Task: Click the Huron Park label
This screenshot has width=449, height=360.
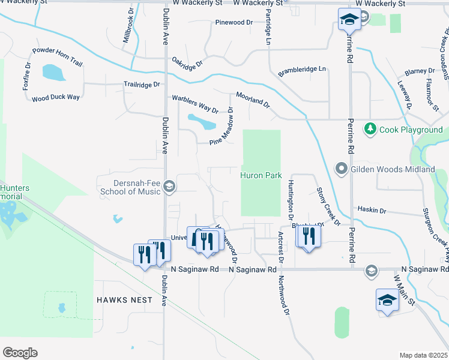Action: pyautogui.click(x=261, y=176)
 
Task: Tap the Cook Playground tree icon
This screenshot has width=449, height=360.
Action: pyautogui.click(x=370, y=129)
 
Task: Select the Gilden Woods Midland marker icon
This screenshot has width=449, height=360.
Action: pyautogui.click(x=342, y=169)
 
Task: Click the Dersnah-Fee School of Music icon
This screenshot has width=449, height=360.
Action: pyautogui.click(x=169, y=187)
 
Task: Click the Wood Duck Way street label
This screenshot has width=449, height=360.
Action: pyautogui.click(x=56, y=98)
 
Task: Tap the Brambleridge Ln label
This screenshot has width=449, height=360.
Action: pyautogui.click(x=301, y=71)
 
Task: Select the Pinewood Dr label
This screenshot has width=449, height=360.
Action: pyautogui.click(x=234, y=23)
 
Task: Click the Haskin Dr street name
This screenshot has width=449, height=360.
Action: pyautogui.click(x=372, y=211)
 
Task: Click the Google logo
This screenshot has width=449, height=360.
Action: pyautogui.click(x=20, y=353)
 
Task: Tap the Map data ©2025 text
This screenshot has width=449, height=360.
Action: pyautogui.click(x=423, y=355)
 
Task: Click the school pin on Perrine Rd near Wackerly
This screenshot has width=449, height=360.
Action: pyautogui.click(x=348, y=20)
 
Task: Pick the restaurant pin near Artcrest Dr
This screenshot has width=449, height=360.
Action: pyautogui.click(x=309, y=236)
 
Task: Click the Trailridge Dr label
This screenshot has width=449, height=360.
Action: pyautogui.click(x=142, y=85)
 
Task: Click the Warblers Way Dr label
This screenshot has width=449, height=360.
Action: pyautogui.click(x=195, y=103)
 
